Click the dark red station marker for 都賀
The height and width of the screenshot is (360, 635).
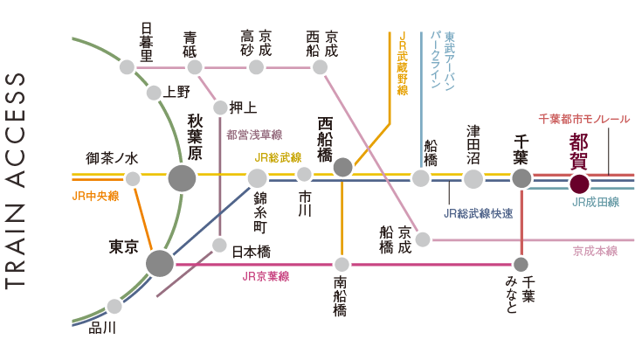click(x=578, y=184)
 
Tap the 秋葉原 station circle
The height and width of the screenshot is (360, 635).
click(x=183, y=178)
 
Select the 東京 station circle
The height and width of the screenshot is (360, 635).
click(x=160, y=263)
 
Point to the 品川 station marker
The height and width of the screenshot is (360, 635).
click(x=114, y=306)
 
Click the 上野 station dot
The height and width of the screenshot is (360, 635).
click(x=154, y=93)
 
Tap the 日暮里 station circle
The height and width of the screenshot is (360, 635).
click(x=128, y=67)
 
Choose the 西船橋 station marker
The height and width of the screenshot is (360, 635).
click(x=342, y=167)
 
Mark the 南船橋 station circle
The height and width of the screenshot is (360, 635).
click(x=342, y=263)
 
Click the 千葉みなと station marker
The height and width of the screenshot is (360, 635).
click(x=521, y=264)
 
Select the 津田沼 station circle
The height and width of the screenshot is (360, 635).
click(x=473, y=178)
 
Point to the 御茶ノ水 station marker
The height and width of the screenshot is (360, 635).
click(x=133, y=179)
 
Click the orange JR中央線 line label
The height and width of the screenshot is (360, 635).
click(x=95, y=196)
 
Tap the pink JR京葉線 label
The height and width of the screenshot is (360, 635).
click(x=266, y=276)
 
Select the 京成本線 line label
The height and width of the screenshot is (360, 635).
click(x=595, y=251)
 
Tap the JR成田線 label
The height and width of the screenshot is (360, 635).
click(x=595, y=203)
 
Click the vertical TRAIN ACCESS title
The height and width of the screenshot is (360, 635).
click(x=17, y=180)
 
